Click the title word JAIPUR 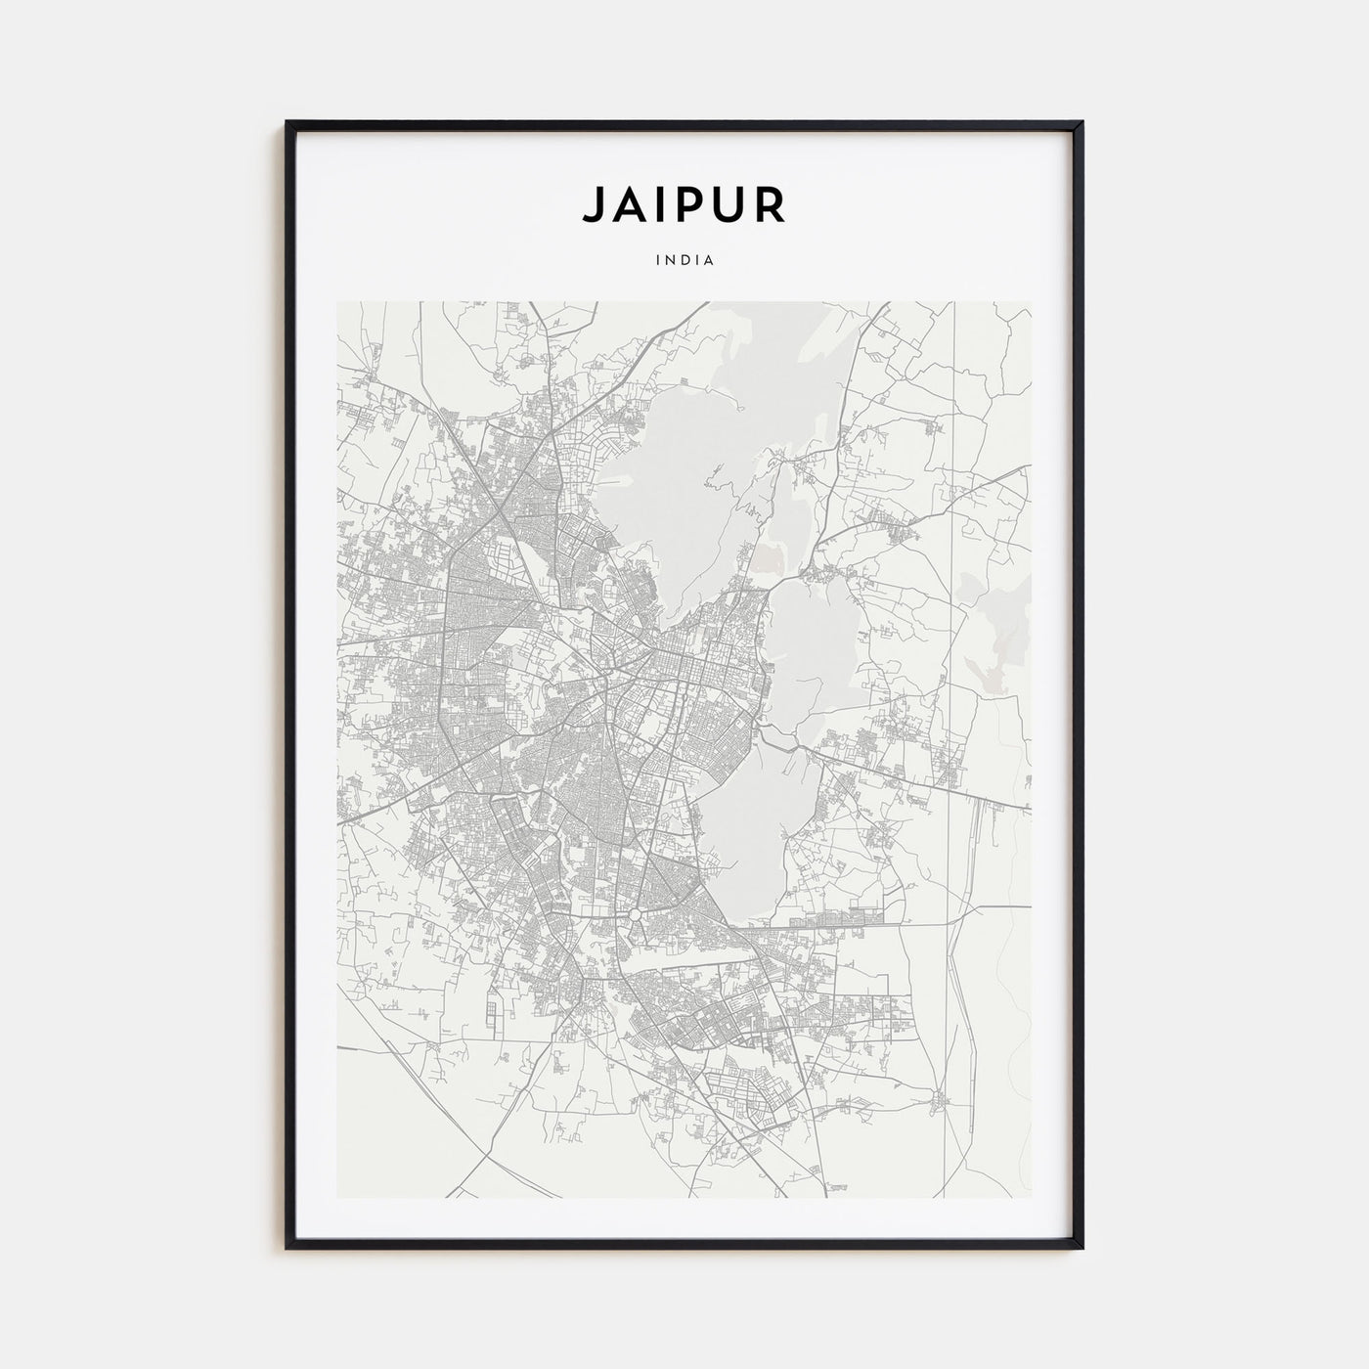[x=684, y=204]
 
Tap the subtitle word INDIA [x=684, y=261]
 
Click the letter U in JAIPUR [x=731, y=204]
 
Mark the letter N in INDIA [x=671, y=261]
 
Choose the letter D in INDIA [x=684, y=261]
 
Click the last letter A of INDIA [x=709, y=261]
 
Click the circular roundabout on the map [x=635, y=915]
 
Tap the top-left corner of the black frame [x=287, y=123]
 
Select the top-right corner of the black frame [x=1082, y=123]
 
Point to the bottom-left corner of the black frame [x=287, y=1247]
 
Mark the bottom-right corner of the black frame [x=1082, y=1247]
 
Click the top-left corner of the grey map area [x=337, y=302]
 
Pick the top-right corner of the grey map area [x=1031, y=302]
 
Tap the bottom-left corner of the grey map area [x=337, y=1198]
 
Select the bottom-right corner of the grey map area [x=1031, y=1198]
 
